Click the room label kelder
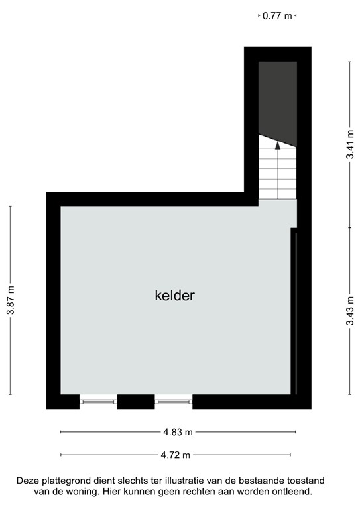coord(174,296)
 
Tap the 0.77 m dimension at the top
coord(277,16)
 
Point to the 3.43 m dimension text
coord(349,312)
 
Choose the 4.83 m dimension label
coord(178,432)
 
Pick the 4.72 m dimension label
coord(176,455)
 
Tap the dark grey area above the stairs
coord(277,96)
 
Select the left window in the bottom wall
coord(98,401)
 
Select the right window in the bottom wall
coord(174,401)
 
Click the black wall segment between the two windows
coord(136,401)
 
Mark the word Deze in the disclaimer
coord(29,481)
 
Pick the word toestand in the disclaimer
coord(306,481)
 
